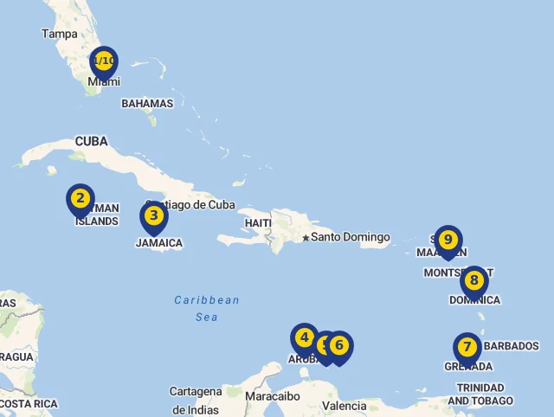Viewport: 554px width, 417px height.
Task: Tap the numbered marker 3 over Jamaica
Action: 153,216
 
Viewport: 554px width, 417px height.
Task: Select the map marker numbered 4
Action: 304,338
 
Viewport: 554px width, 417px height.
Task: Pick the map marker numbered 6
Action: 339,346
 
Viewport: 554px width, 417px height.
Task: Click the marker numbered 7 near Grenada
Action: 467,348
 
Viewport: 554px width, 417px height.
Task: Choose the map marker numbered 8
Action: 474,281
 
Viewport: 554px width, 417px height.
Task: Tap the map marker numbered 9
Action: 448,240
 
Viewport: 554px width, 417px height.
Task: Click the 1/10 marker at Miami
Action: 103,61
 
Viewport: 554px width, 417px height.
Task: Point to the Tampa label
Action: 60,34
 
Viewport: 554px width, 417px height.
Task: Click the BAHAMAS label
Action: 147,103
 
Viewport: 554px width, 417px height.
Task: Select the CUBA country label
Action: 91,141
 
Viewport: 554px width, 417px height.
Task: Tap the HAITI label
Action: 258,222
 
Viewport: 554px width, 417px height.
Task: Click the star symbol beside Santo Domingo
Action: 306,237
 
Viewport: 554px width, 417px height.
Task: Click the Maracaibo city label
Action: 273,396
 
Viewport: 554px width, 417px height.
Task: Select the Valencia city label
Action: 344,406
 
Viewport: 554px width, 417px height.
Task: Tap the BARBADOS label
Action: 511,346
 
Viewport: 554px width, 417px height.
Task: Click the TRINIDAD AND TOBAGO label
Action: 480,395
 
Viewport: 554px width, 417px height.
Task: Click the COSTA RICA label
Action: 29,404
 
